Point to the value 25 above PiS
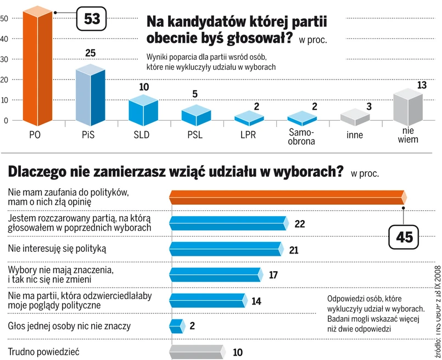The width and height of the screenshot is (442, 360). tap(91, 53)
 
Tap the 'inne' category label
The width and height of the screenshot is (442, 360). tap(354, 135)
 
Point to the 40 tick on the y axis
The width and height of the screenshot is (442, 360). tap(4, 40)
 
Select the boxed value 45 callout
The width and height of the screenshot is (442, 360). tap(404, 238)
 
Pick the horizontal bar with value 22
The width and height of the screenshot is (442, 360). tap(228, 223)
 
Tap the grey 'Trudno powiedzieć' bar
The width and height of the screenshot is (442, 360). tap(196, 351)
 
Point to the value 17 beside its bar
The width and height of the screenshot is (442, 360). tap(274, 274)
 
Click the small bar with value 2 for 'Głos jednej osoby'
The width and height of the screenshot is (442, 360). tap(176, 326)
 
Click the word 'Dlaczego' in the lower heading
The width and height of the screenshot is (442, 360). tap(38, 171)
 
